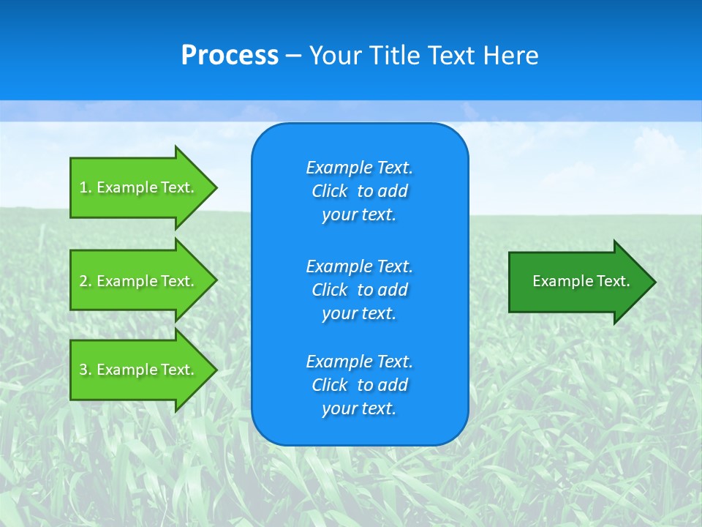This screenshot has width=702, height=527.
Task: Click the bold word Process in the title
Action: coord(230,55)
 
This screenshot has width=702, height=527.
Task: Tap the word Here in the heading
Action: coord(511,55)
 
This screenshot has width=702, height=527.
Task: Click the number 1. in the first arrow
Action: coord(86,187)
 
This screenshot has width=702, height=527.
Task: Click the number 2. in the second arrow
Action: coord(86,281)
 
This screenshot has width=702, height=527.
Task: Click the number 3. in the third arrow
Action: coord(86,370)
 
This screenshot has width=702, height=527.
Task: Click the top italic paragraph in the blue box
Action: coord(359,191)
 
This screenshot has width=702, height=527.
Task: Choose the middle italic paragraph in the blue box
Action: coord(359,290)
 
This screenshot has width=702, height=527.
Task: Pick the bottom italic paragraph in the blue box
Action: coord(359,385)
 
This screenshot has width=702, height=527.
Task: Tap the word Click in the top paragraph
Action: coord(329,191)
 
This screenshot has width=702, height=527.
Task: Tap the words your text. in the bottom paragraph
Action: coord(359,408)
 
